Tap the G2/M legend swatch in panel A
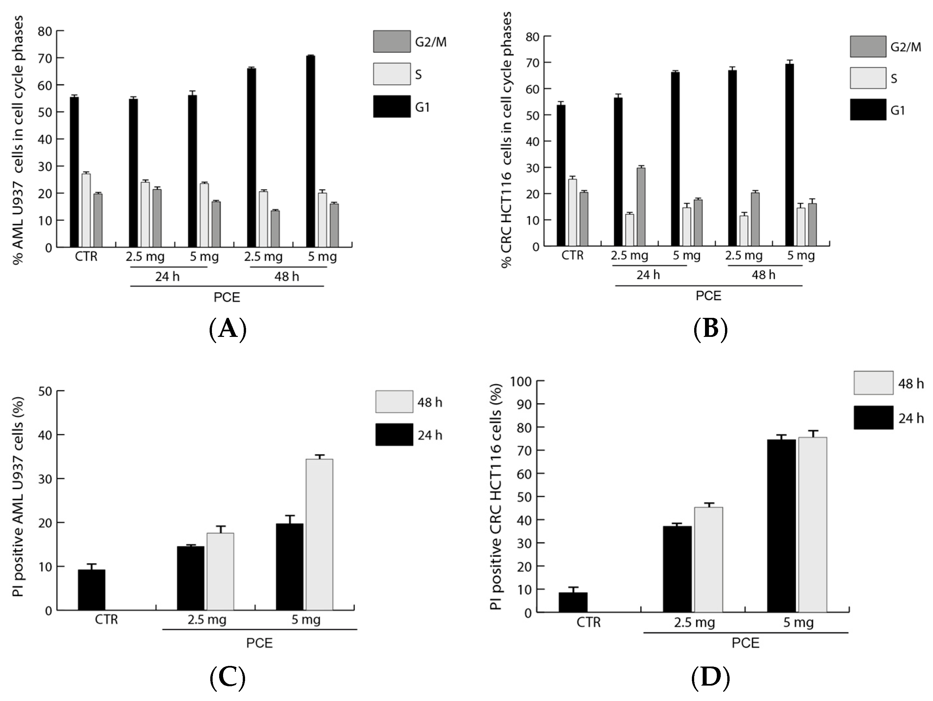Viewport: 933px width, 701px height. coord(391,41)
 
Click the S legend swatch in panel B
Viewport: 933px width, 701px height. coord(868,78)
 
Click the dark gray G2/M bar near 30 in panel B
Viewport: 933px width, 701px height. coord(641,207)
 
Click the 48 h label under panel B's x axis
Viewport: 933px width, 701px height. coord(763,275)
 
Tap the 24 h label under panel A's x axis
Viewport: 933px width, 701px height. coord(167,277)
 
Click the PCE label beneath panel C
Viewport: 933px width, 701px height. coord(259,643)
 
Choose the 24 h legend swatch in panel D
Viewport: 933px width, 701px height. coord(873,418)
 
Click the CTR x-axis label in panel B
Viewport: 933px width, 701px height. coord(572,256)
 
